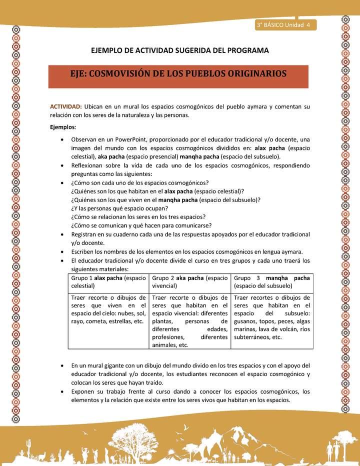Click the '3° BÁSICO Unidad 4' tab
tap(283, 25)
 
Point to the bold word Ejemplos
tap(62, 127)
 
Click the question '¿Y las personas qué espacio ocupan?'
tap(120, 208)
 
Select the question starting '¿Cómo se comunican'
tap(141, 225)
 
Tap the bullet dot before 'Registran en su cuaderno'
tap(61, 234)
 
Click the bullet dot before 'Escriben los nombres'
tap(61, 252)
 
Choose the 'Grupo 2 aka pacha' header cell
tap(189, 282)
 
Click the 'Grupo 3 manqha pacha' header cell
tap(271, 282)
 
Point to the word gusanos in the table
tap(245, 321)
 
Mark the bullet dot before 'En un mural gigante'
tap(61, 365)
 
